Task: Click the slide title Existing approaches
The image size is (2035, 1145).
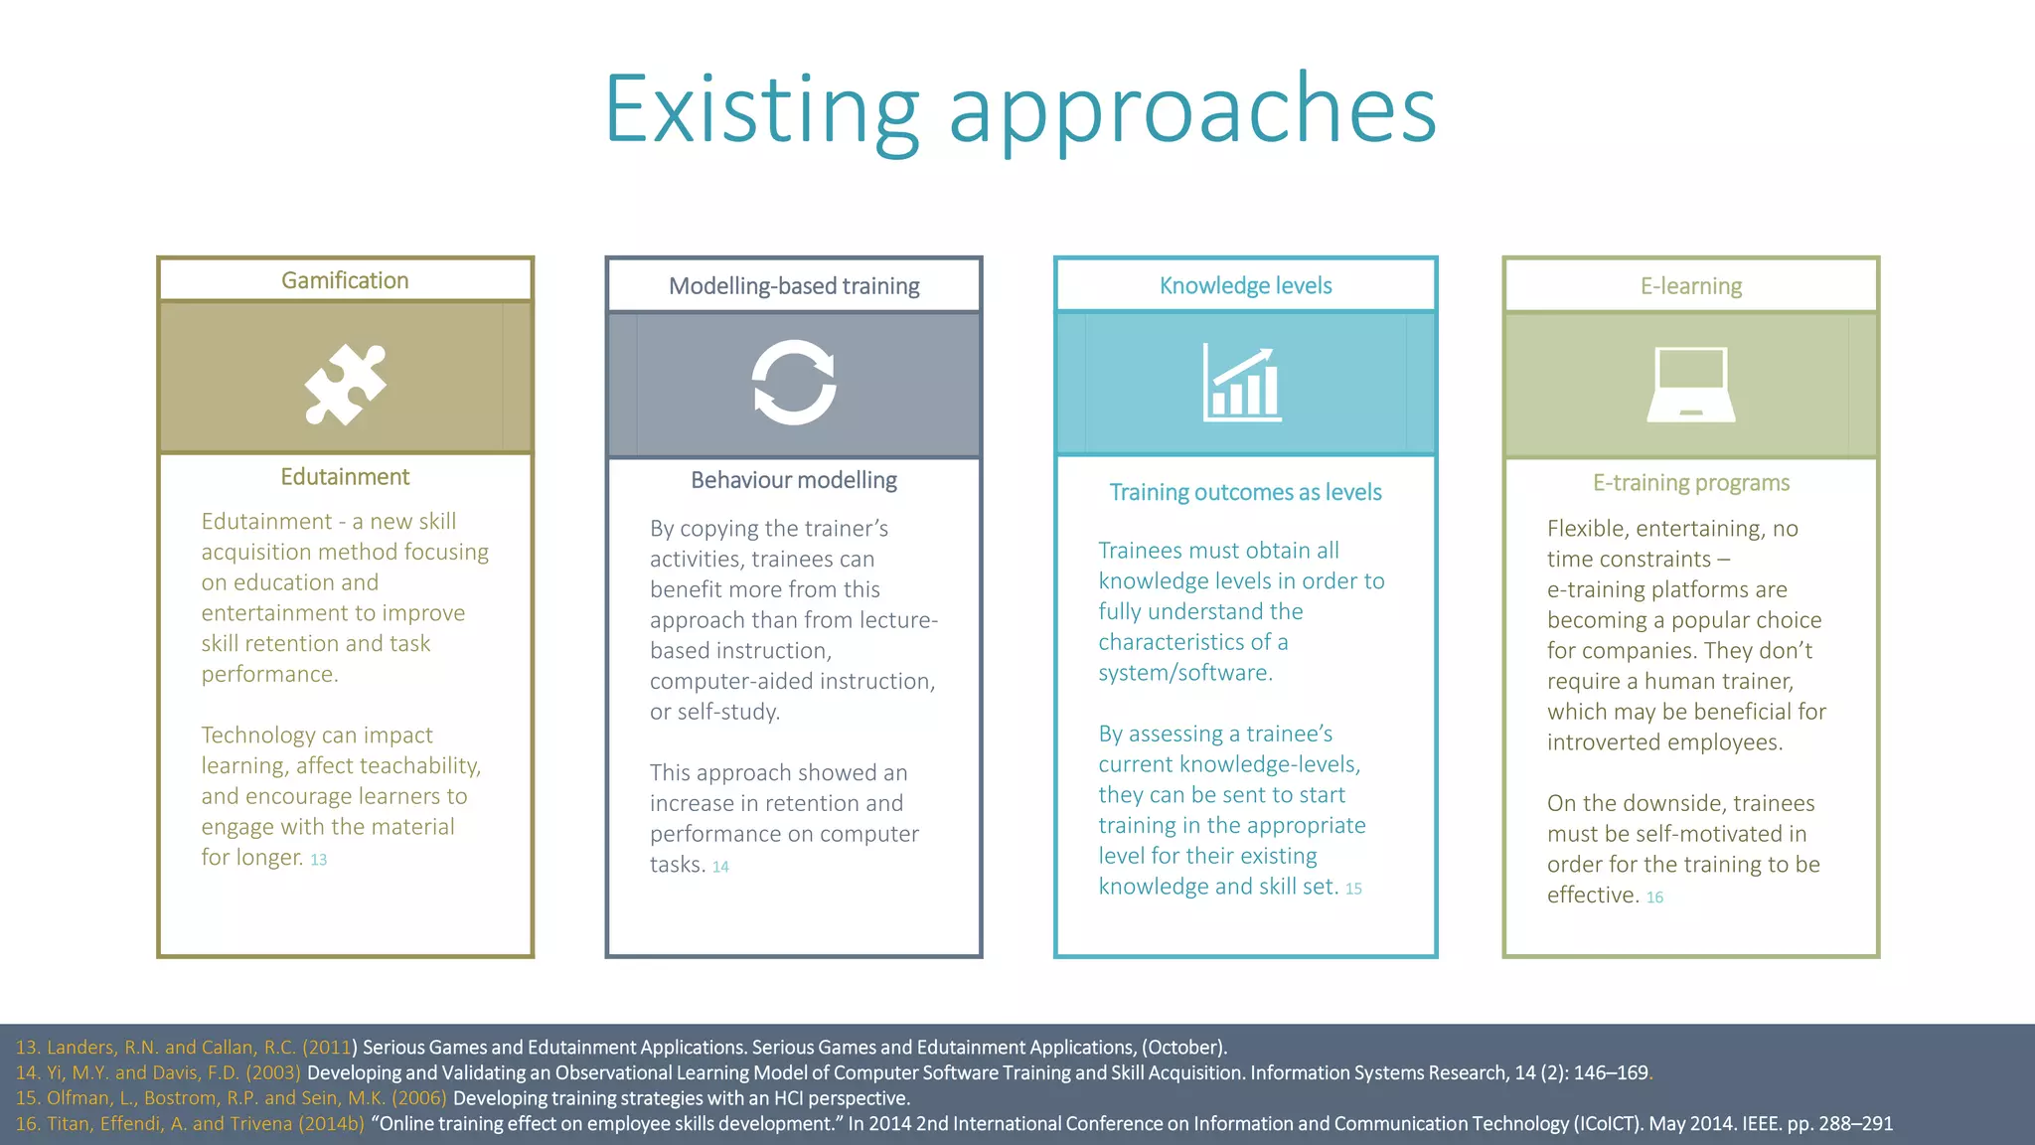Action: click(x=1020, y=109)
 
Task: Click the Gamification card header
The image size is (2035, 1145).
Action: click(x=345, y=280)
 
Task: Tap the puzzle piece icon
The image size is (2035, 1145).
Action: click(x=345, y=384)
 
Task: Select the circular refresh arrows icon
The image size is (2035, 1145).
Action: click(x=794, y=383)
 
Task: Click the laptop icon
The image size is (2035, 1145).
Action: click(x=1691, y=385)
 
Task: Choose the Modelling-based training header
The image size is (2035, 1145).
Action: click(x=794, y=286)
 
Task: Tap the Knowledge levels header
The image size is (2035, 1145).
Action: click(x=1245, y=286)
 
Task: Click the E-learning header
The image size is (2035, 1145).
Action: click(x=1691, y=286)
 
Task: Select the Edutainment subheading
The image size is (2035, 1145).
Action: click(x=345, y=477)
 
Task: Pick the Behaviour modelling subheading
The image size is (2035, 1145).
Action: click(x=794, y=480)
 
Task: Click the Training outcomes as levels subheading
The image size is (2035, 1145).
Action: click(x=1245, y=492)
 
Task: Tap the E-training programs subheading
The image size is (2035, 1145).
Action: click(x=1691, y=483)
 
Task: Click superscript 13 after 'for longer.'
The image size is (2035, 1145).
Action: click(x=319, y=860)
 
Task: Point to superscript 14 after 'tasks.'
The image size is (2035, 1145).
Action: click(x=720, y=867)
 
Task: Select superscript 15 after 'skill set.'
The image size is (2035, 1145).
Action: click(x=1354, y=889)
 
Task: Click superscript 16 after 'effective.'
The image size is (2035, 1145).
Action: click(x=1654, y=898)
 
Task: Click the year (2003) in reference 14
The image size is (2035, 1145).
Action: click(x=273, y=1072)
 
